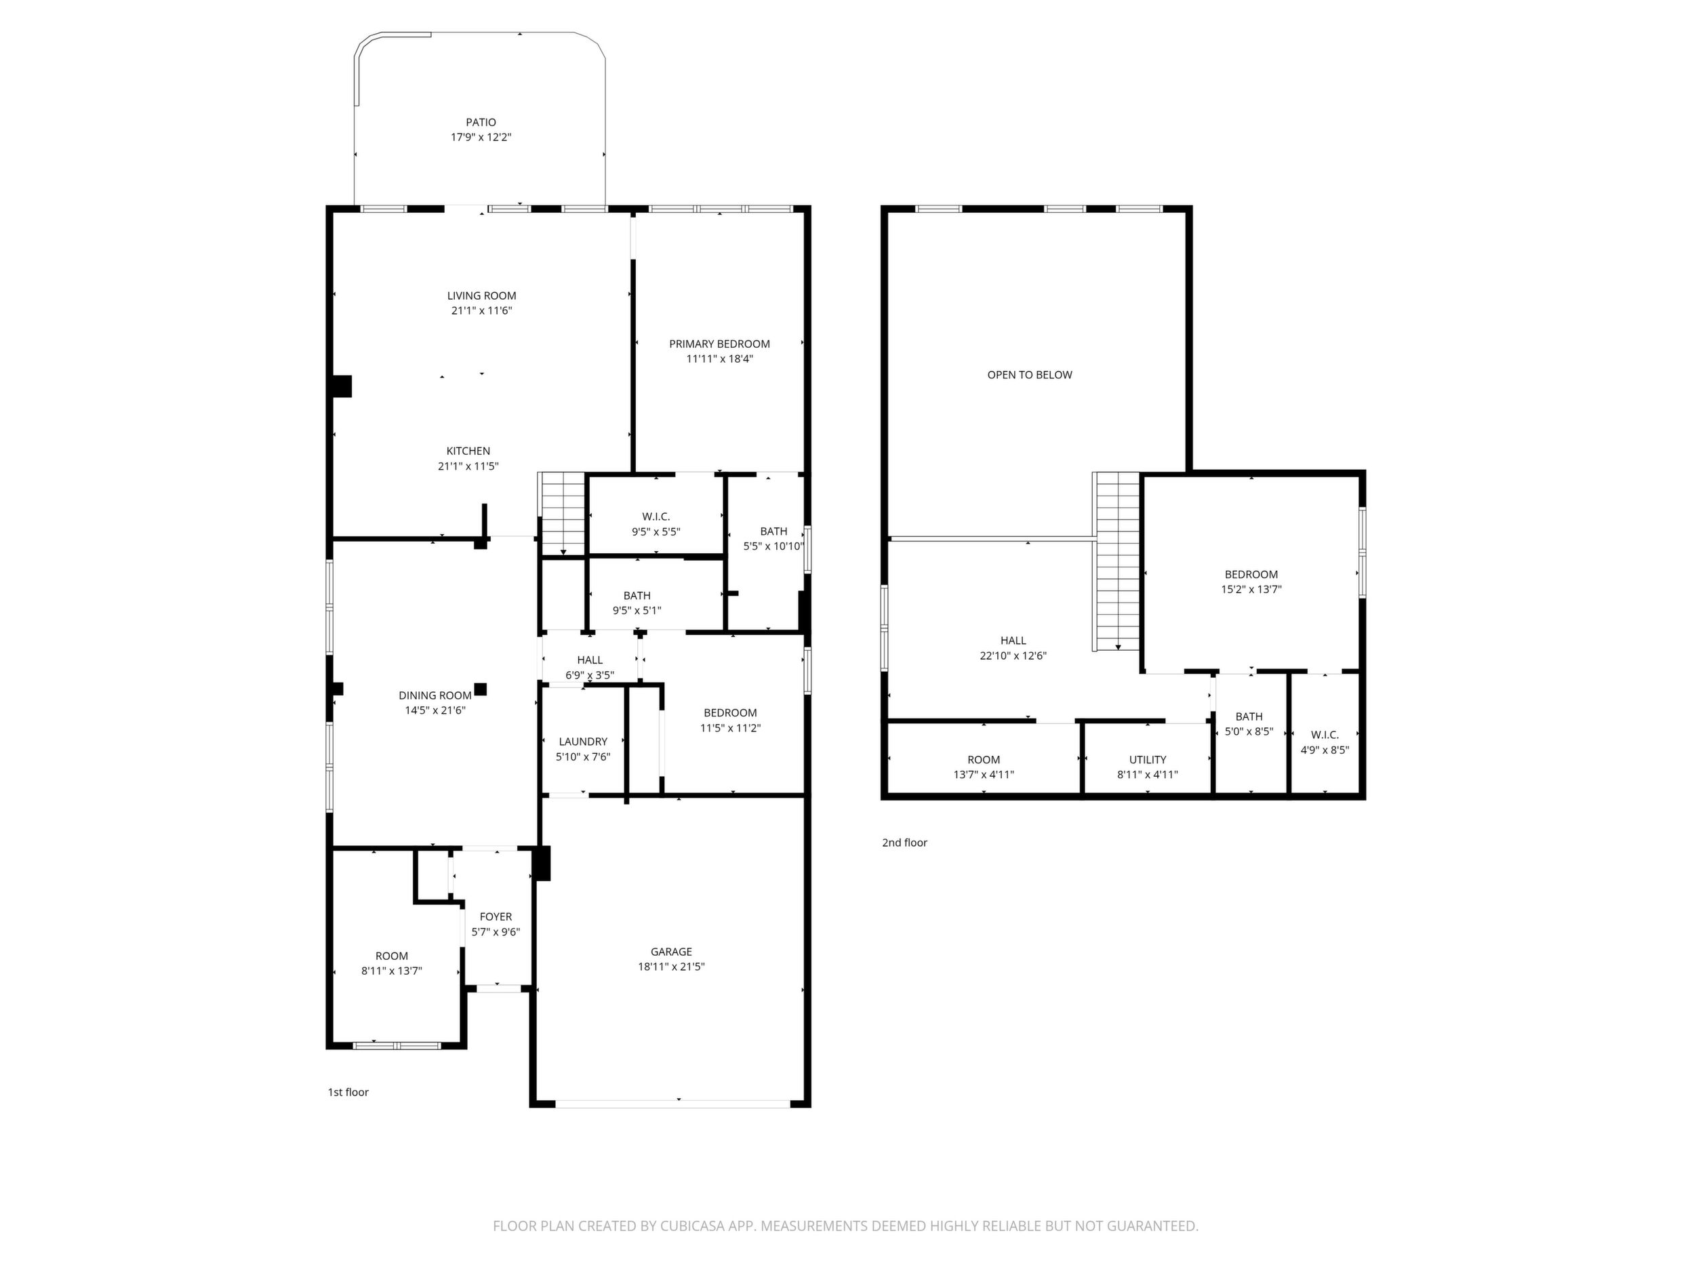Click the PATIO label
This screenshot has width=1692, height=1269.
481,123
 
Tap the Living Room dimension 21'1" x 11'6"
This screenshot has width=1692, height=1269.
481,310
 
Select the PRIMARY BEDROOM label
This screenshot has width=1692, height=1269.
719,344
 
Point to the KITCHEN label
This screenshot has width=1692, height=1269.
468,451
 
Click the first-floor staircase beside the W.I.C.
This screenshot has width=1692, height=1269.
563,513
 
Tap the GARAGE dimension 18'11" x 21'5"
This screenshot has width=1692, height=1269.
671,967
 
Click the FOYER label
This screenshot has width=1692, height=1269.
496,917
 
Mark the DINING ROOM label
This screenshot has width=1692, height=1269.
435,696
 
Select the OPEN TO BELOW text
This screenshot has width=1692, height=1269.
1030,375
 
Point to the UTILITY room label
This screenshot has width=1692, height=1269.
1148,759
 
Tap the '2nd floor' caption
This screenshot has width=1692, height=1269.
904,843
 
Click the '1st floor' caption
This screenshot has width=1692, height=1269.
348,1092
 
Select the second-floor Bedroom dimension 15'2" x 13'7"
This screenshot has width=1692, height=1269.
1251,590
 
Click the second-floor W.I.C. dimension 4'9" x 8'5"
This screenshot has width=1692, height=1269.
1325,750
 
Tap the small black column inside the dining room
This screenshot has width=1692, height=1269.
481,689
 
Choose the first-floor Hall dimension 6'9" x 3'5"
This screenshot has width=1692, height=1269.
590,675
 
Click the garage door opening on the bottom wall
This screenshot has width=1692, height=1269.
672,1104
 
